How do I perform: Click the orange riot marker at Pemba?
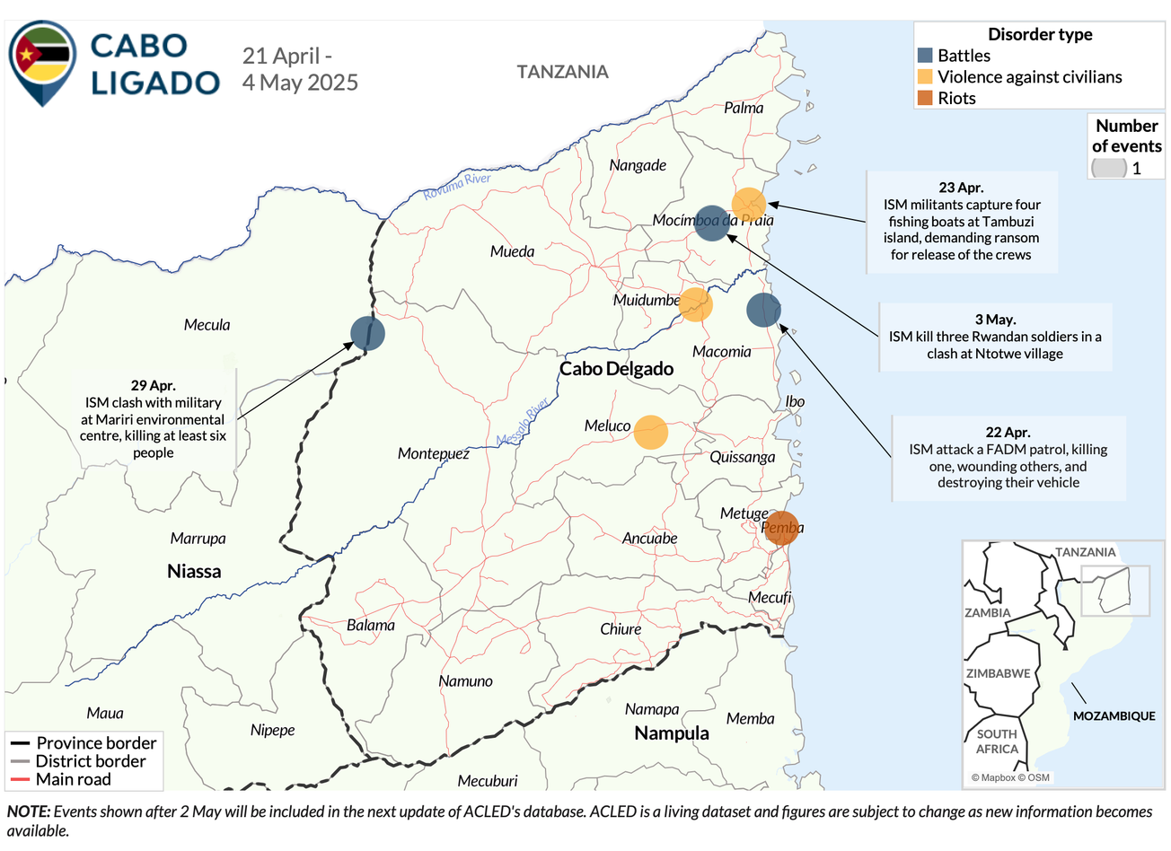click(781, 528)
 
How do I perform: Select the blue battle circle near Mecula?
click(367, 333)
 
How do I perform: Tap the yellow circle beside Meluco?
click(651, 432)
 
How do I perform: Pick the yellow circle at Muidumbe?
click(695, 304)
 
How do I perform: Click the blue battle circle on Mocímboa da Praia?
click(712, 223)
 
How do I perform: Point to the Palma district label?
click(744, 108)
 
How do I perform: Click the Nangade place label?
click(638, 165)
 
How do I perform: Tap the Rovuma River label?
click(457, 185)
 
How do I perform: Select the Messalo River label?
click(523, 422)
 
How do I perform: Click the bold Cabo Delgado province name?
click(616, 369)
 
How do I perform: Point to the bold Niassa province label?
click(194, 572)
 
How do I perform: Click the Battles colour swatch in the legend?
click(925, 56)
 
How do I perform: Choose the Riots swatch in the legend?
click(925, 99)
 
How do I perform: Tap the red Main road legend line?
click(20, 779)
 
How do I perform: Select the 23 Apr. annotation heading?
click(961, 188)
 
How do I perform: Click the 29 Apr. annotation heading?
click(153, 386)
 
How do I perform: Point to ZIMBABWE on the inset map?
click(998, 673)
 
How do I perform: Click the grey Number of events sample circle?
click(1109, 168)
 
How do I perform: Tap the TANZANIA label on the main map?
click(562, 72)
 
